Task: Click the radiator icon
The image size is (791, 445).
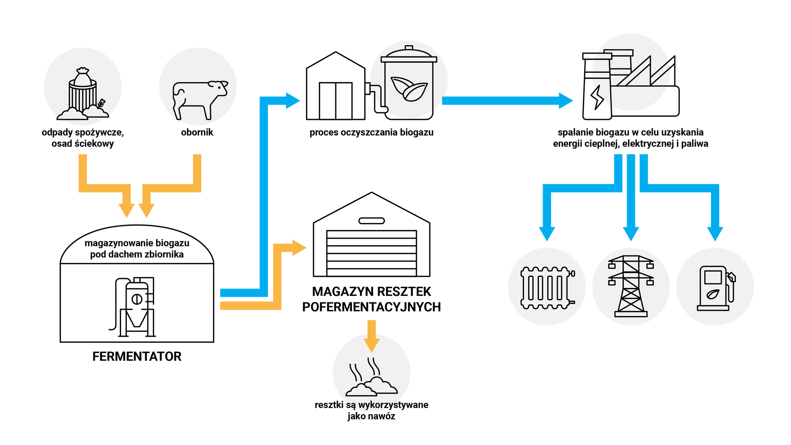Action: click(x=547, y=287)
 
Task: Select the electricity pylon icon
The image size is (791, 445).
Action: click(x=631, y=286)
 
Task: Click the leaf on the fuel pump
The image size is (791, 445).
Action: click(x=713, y=294)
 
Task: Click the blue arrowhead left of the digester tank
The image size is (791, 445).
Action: click(x=293, y=101)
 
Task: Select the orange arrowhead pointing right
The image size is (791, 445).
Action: click(x=300, y=248)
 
